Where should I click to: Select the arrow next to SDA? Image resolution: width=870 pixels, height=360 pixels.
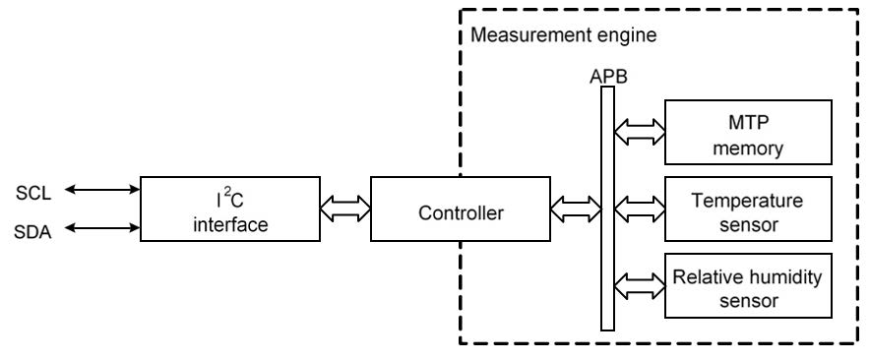coord(104,227)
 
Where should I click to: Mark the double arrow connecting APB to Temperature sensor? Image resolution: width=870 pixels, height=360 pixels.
coord(640,208)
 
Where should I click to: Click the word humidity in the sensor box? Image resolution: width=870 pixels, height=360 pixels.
coord(787,275)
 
